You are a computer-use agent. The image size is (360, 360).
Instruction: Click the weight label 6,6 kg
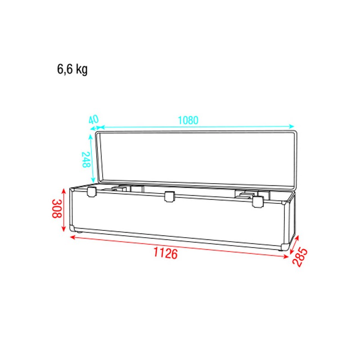click(x=72, y=70)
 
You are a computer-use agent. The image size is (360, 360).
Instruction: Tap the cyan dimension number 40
click(x=94, y=120)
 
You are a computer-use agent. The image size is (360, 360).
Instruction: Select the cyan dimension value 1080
click(x=188, y=121)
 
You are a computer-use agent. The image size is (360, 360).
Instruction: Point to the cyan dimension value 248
click(x=85, y=160)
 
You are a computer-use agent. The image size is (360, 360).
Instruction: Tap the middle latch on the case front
click(x=170, y=196)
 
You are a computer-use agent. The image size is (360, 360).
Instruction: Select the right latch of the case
click(x=258, y=202)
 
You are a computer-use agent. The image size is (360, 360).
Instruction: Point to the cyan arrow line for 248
click(x=92, y=157)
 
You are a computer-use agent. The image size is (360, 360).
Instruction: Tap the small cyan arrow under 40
click(x=94, y=128)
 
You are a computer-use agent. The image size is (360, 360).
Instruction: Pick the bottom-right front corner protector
click(x=285, y=247)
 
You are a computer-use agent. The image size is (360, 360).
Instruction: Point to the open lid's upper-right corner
click(x=295, y=134)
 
